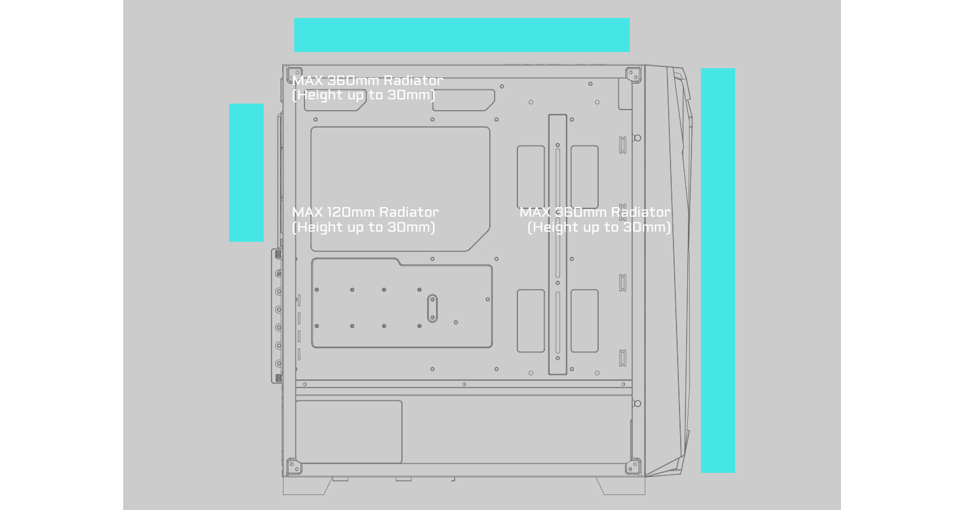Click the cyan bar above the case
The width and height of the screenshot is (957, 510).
tap(461, 35)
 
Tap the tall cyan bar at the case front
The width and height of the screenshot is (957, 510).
tap(718, 270)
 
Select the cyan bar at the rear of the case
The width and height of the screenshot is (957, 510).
tap(246, 172)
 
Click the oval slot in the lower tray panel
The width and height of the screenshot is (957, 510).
tap(432, 308)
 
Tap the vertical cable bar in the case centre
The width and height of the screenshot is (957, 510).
tap(557, 244)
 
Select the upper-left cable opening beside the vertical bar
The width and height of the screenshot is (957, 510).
tap(531, 177)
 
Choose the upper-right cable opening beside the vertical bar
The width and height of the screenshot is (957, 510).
tap(584, 177)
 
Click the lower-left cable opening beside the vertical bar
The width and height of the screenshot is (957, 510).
tap(531, 321)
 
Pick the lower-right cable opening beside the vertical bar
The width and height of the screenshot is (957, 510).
tap(584, 321)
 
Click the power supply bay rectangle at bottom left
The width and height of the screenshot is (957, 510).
tap(349, 432)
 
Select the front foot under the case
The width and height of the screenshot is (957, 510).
tap(621, 485)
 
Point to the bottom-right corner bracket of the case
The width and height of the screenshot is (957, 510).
tap(633, 466)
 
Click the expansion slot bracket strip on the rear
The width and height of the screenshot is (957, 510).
tap(278, 315)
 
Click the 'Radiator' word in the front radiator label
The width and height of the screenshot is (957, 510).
tap(641, 212)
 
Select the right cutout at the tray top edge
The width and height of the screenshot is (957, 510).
tap(464, 100)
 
